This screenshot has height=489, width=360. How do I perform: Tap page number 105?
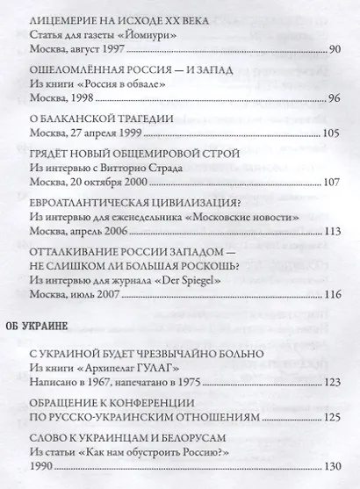330,133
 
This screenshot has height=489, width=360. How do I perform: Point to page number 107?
330,183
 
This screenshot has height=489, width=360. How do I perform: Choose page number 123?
330,383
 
